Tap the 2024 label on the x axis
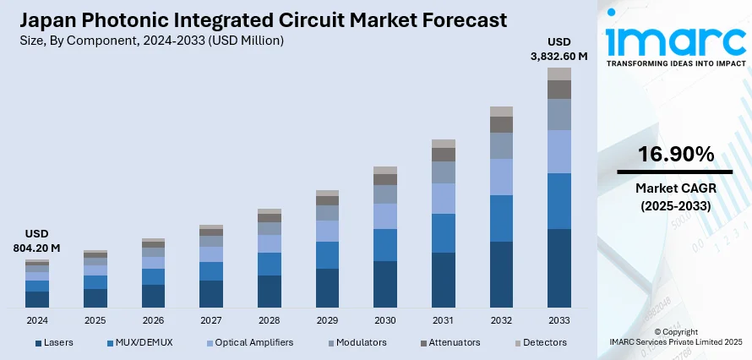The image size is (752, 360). click(x=37, y=321)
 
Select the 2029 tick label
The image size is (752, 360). click(x=327, y=321)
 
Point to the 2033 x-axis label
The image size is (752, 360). click(x=559, y=321)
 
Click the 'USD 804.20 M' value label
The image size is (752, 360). click(x=37, y=241)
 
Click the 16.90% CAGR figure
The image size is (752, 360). click(x=674, y=154)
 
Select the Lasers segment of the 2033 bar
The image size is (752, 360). click(x=559, y=267)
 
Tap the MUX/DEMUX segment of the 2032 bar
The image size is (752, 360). click(x=501, y=218)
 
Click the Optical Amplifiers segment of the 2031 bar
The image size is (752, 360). click(x=444, y=199)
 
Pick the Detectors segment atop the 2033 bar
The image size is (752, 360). click(x=559, y=74)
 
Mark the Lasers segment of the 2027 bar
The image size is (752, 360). click(x=211, y=293)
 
